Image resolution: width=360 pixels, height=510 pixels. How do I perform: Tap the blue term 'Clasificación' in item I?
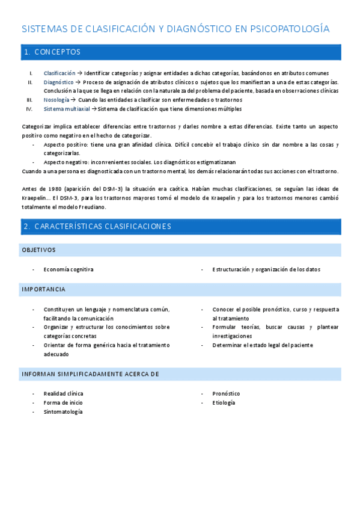(x=59, y=73)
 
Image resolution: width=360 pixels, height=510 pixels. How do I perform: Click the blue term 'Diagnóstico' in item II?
(x=58, y=82)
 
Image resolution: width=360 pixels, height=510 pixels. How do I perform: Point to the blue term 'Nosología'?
(x=56, y=100)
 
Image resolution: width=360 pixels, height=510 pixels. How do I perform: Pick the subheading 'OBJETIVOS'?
(x=38, y=250)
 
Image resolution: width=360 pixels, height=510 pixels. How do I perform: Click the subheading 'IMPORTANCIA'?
(x=43, y=289)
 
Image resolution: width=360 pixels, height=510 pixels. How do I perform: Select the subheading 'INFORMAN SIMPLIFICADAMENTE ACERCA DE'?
(x=90, y=373)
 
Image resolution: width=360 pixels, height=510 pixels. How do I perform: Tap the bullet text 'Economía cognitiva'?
(x=69, y=269)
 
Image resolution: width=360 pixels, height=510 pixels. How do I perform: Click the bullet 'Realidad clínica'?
(x=63, y=393)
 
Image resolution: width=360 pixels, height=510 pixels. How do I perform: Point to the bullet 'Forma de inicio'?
(x=63, y=402)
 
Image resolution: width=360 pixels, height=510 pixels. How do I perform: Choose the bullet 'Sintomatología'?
(x=63, y=411)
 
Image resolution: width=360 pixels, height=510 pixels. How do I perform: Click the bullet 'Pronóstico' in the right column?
(x=226, y=393)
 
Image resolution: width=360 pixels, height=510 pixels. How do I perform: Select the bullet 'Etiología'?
(x=224, y=402)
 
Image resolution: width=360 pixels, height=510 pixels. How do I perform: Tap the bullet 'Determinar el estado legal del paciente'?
(x=263, y=345)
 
